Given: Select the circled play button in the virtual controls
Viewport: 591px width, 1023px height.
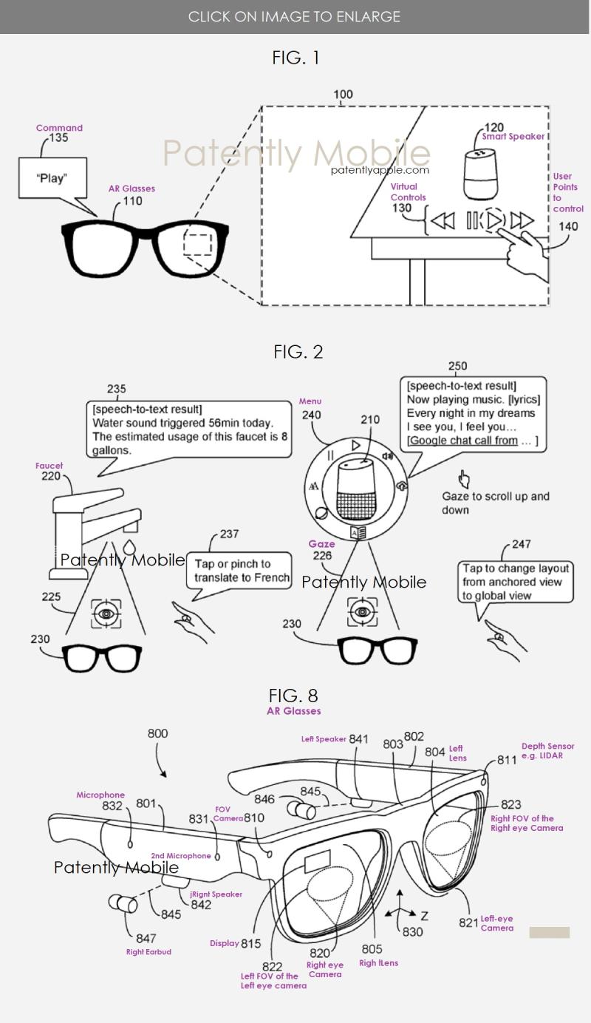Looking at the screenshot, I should click(x=494, y=220).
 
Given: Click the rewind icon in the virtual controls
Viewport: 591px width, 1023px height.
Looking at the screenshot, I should click(x=443, y=220).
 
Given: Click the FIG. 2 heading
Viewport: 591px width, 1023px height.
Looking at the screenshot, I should click(x=298, y=352).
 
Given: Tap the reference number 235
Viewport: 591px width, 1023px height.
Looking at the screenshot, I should click(x=116, y=389).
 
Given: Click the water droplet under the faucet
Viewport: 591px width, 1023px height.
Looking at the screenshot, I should click(x=130, y=548).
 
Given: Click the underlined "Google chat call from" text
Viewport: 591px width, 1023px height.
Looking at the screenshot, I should click(x=463, y=441).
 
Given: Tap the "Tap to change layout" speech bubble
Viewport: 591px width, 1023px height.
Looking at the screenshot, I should click(x=516, y=582).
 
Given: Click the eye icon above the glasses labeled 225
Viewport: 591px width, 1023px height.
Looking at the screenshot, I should click(x=106, y=614).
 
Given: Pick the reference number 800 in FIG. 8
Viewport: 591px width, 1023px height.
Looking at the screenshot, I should click(x=157, y=733).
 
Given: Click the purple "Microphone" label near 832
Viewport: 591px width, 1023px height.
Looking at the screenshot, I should click(x=100, y=795).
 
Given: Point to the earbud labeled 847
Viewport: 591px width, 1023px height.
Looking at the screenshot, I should click(x=120, y=903).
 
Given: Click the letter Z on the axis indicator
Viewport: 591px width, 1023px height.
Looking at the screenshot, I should click(x=424, y=916).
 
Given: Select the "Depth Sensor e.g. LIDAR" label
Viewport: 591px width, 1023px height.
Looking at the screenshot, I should click(x=547, y=751).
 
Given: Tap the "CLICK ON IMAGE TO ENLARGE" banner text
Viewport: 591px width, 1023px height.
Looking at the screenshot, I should click(x=294, y=16).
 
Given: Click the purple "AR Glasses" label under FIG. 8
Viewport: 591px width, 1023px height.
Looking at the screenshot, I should click(x=293, y=711).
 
